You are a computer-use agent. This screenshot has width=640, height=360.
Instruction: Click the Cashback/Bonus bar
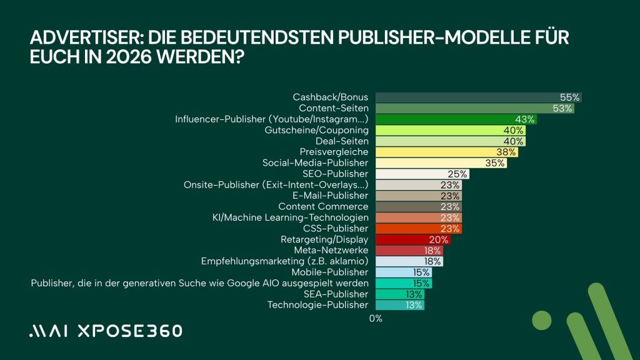point(478,97)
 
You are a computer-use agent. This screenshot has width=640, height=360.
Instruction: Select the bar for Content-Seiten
point(474,109)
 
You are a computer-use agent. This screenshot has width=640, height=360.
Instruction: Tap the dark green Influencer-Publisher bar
point(456,119)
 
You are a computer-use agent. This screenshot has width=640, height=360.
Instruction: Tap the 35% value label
point(495,163)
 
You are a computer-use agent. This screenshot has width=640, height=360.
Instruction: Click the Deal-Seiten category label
point(342,141)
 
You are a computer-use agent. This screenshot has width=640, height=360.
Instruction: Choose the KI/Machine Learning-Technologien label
point(291,217)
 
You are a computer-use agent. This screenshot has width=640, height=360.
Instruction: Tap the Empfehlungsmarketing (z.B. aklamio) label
point(284,261)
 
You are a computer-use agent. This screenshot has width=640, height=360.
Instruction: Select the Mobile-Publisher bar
point(403,272)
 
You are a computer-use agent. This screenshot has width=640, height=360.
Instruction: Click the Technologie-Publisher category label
point(317,305)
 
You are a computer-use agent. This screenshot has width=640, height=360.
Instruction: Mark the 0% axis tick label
point(376,319)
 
